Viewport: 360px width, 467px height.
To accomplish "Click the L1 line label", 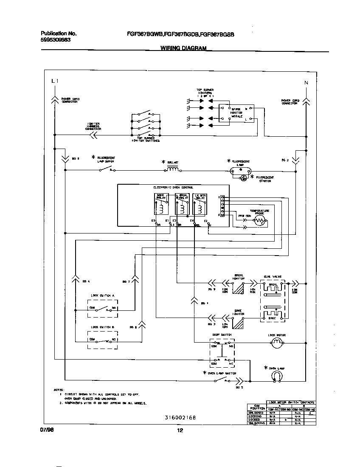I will point(54,81).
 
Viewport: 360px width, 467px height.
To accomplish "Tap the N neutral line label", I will point(306,82).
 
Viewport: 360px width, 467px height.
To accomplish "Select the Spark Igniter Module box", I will point(236,113).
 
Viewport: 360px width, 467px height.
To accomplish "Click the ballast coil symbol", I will point(172,169).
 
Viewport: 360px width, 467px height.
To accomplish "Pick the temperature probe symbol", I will point(260,219).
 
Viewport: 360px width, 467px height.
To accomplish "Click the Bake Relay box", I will point(161,204).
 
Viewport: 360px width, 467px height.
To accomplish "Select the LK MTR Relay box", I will point(199,204).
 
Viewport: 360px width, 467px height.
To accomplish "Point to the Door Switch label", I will point(222,335).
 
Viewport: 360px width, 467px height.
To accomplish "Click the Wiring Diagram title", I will point(183,48).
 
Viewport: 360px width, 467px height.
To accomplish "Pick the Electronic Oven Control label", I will point(173,187).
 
